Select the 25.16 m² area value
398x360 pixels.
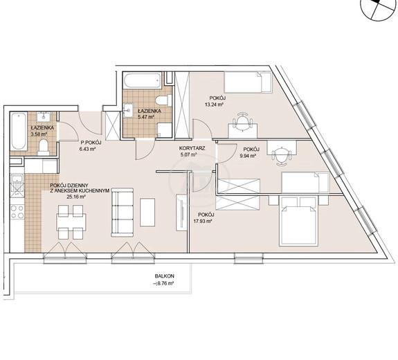click(x=76, y=196)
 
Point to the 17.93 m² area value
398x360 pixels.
click(x=203, y=221)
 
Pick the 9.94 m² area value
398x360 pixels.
click(x=248, y=156)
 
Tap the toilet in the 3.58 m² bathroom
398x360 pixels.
click(x=44, y=147)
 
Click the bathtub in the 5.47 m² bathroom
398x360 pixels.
click(x=143, y=80)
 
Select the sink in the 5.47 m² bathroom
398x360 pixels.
click(x=128, y=111)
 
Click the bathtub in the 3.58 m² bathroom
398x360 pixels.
click(x=19, y=132)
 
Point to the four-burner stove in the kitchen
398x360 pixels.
click(x=17, y=212)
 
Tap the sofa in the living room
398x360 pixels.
click(x=123, y=213)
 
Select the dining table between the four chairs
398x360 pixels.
click(x=72, y=222)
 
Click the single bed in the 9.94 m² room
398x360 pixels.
click(x=305, y=183)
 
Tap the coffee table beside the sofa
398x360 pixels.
click(x=147, y=213)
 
